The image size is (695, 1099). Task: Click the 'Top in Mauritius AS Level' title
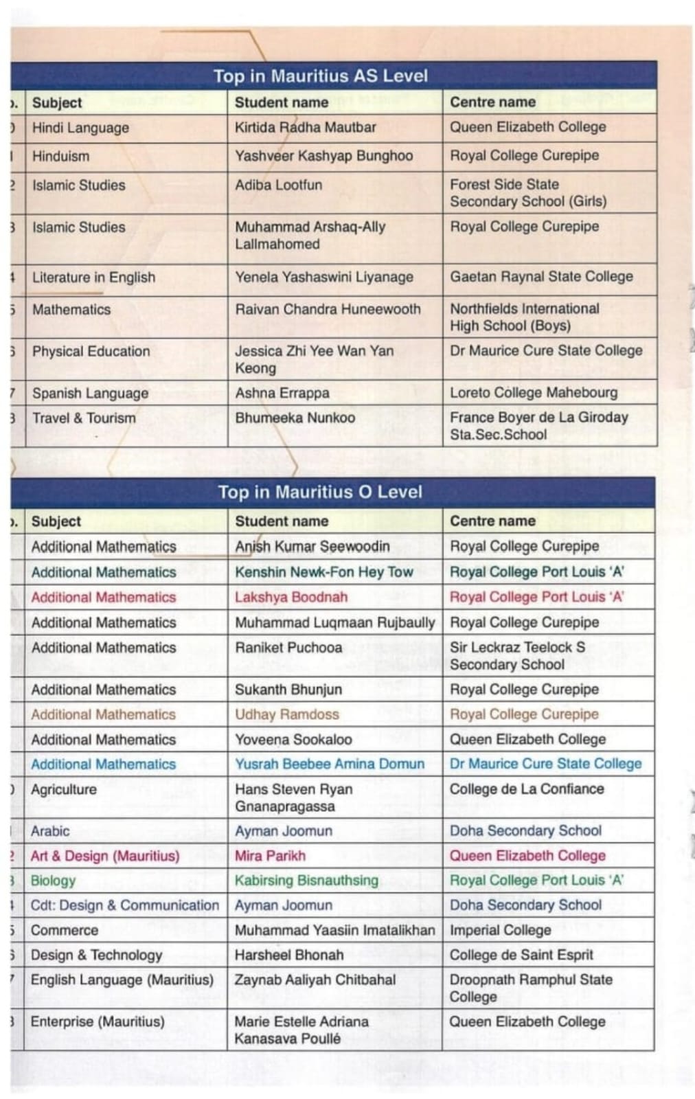320,76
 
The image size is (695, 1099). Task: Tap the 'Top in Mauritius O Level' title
320,492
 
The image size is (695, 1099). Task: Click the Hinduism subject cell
60,156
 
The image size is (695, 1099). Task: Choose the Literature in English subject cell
93,277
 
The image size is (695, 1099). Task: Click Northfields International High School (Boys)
525,317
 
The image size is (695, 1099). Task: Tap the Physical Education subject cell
91,351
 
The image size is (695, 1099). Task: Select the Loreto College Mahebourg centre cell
534,393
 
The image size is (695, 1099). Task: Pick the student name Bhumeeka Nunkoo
295,418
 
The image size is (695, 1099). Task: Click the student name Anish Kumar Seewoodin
312,546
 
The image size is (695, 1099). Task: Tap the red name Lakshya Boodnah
290,597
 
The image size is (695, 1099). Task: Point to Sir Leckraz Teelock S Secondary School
517,655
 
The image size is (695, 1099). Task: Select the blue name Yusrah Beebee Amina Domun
330,764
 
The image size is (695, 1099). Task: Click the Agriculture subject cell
63,789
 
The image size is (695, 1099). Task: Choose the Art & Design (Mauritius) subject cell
104,856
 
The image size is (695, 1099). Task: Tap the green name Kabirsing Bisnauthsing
306,881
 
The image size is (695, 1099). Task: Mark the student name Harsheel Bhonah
288,955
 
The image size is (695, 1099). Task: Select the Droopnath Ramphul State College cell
530,988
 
